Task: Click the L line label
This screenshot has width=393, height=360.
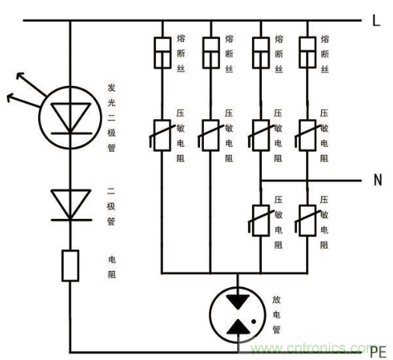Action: click(376, 21)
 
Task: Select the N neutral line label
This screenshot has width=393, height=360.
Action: click(377, 180)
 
